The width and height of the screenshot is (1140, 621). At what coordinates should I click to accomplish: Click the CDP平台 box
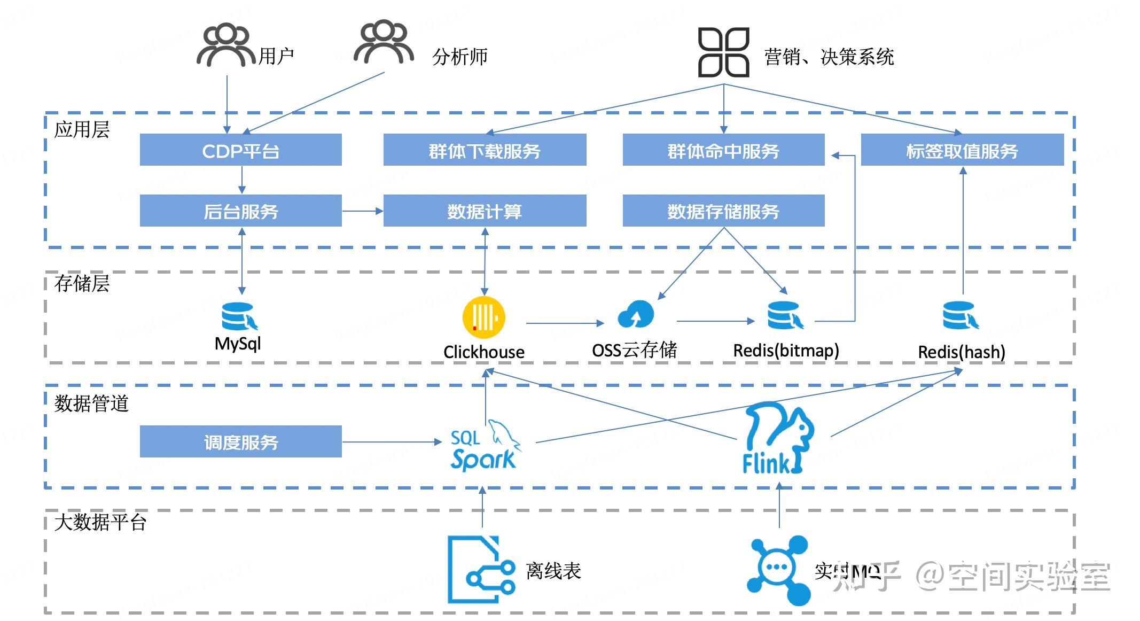[x=240, y=150]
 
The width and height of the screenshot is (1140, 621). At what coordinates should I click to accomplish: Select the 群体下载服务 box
[x=485, y=150]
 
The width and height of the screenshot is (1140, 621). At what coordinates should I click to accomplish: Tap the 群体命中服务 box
[x=723, y=150]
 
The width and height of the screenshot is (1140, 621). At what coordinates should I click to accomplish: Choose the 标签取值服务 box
[x=962, y=150]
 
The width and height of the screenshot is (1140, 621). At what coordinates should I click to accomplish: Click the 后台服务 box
[x=240, y=211]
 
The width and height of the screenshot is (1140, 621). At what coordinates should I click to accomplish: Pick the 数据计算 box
[x=485, y=211]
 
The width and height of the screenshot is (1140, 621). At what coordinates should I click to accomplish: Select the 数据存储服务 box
[x=723, y=211]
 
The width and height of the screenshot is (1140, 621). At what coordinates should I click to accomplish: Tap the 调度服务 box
[x=240, y=441]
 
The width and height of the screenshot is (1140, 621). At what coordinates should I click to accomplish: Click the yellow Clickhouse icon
[x=483, y=317]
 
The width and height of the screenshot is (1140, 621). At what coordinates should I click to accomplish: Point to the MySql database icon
[x=238, y=316]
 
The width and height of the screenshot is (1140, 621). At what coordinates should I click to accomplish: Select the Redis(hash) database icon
[x=960, y=315]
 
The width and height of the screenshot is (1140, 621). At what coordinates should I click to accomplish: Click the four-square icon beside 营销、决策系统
[x=723, y=52]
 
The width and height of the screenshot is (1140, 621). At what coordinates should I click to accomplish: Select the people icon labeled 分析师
[x=384, y=43]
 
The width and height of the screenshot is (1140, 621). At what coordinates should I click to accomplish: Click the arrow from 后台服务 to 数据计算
[x=362, y=211]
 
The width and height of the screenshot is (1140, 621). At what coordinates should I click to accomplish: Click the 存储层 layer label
[x=82, y=283]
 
